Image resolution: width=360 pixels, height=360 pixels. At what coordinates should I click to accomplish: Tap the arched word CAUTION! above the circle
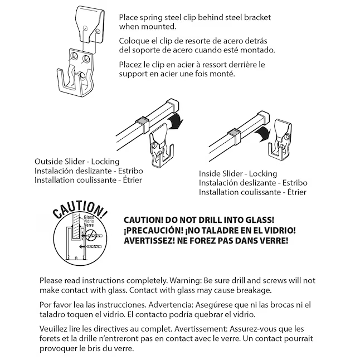80,210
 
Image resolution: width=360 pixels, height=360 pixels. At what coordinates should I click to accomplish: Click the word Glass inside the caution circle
89,217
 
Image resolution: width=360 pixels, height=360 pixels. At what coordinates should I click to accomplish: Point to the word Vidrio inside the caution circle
89,221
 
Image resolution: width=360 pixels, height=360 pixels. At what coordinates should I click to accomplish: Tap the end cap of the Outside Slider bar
173,105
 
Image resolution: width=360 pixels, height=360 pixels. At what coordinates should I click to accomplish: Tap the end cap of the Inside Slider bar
264,117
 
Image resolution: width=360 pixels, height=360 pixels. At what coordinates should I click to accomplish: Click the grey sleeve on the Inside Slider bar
234,137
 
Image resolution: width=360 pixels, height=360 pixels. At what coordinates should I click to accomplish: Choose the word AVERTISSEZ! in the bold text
149,241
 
